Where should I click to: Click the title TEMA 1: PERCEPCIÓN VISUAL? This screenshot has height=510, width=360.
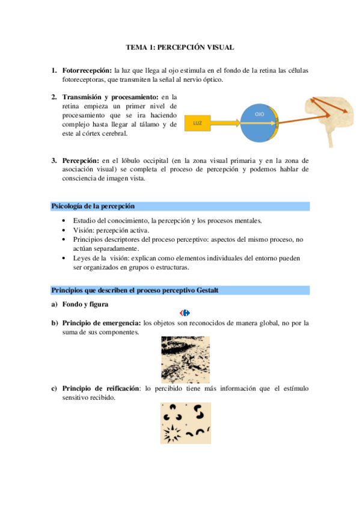180,46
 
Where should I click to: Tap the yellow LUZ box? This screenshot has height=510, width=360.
198,123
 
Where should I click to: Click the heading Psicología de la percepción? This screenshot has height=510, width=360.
93,206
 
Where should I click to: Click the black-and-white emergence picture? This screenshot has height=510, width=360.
185,359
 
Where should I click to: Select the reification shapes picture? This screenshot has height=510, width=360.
185,423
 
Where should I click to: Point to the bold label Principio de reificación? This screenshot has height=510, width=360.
100,389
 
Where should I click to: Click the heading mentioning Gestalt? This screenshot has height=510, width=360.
135,290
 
